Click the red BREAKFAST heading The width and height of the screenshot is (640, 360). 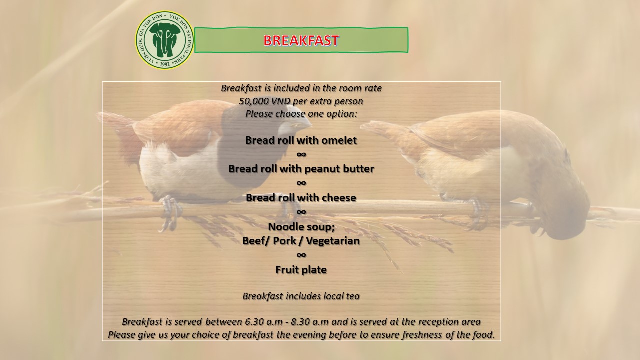coord(301,40)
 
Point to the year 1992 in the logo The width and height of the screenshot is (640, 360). coord(165,64)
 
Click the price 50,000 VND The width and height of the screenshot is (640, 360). coord(258,101)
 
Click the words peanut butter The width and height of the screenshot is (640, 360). coord(339,169)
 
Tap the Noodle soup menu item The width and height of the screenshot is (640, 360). coord(301,227)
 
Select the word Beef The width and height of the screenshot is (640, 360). coord(254,241)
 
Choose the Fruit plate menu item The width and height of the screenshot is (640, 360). coord(301,270)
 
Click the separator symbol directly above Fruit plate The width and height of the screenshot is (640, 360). coord(301,255)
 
